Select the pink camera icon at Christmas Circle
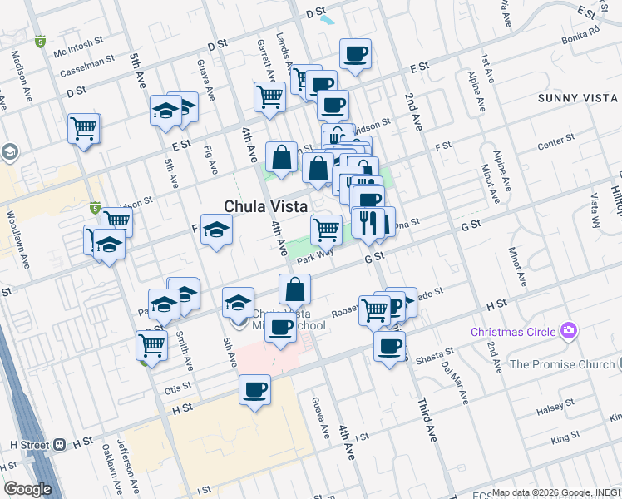(x=569, y=332)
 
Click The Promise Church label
(x=560, y=364)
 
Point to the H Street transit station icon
(x=60, y=445)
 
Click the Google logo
(x=27, y=489)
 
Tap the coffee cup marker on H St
(x=254, y=389)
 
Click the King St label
(x=565, y=436)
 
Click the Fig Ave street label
(x=212, y=160)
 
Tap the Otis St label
(x=178, y=387)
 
